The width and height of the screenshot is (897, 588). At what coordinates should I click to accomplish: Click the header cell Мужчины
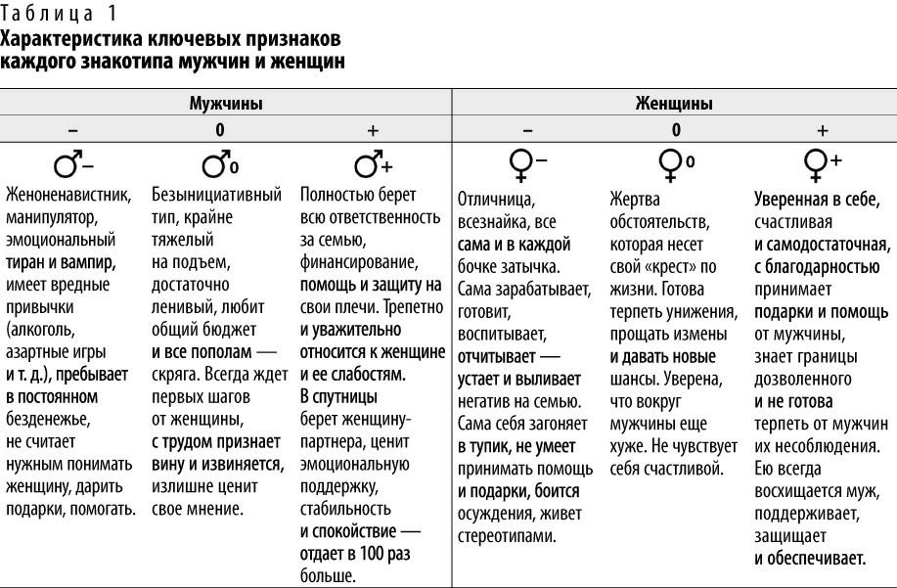225,102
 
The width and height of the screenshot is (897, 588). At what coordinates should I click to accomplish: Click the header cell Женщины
674,102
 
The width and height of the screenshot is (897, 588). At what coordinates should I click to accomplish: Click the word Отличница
493,201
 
